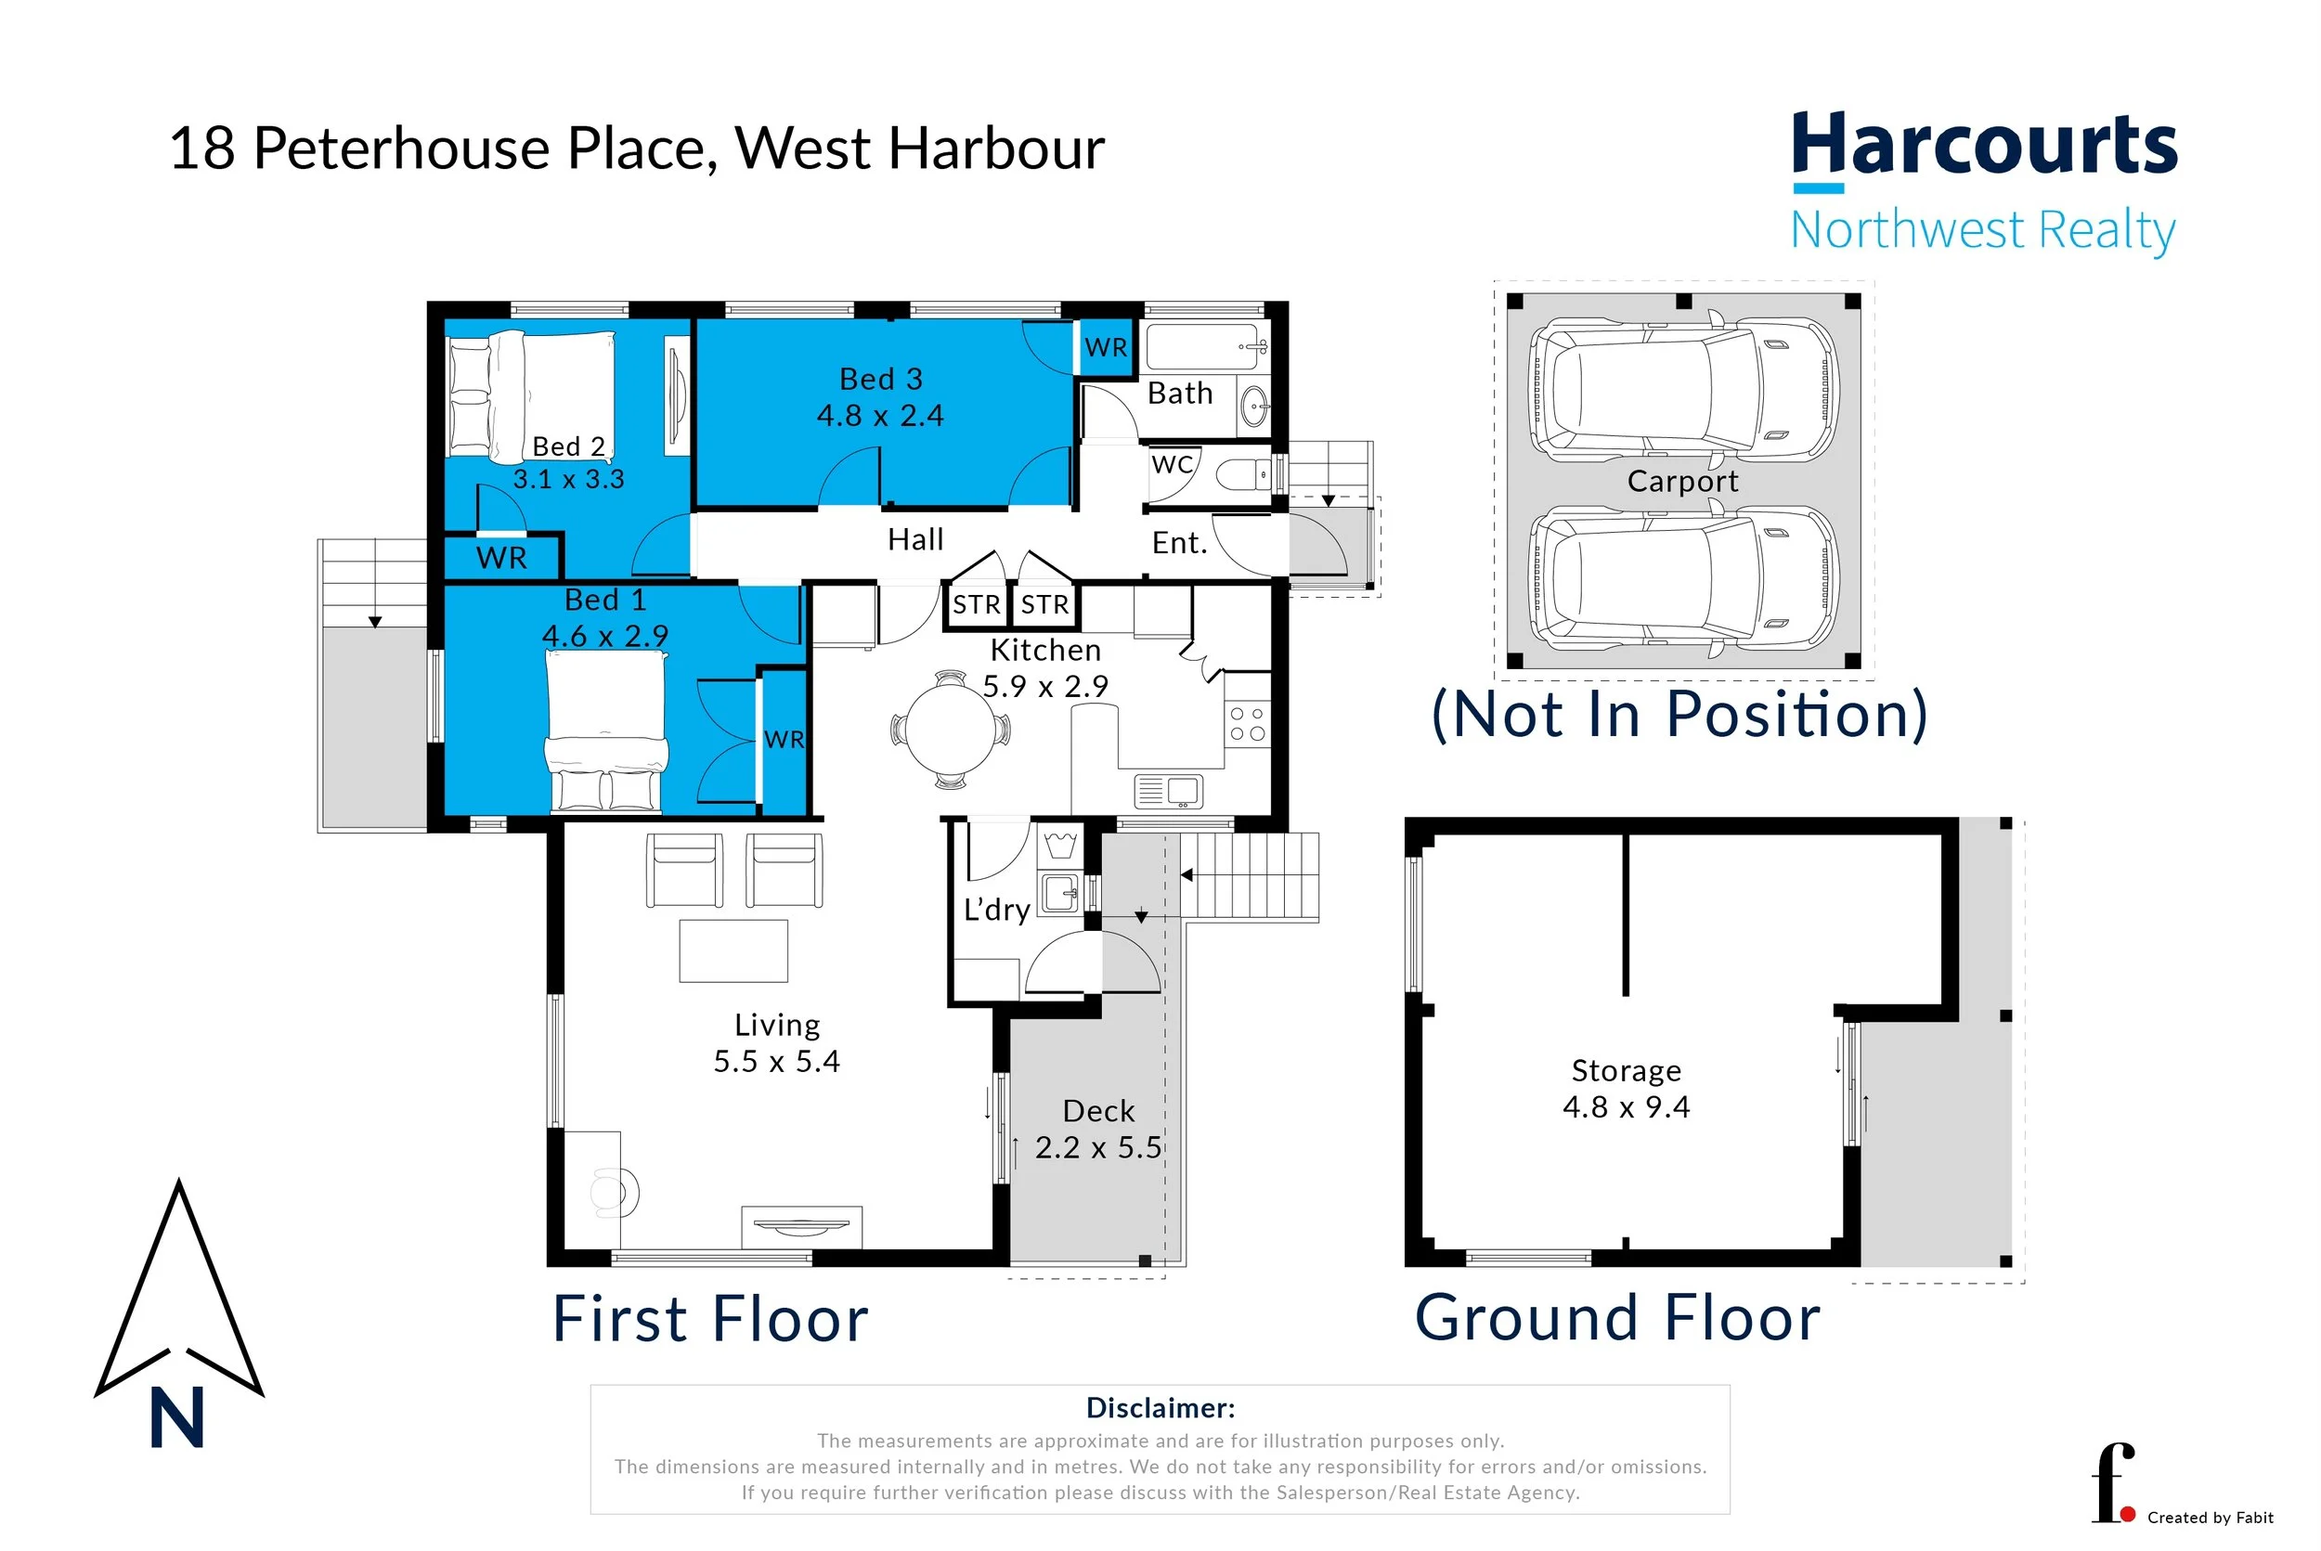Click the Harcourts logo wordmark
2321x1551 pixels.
[x=1983, y=147]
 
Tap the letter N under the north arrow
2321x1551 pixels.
[x=177, y=1416]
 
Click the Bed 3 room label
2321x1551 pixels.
[x=880, y=379]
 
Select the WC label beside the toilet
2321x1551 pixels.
[x=1173, y=464]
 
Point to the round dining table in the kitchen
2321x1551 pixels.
[x=951, y=730]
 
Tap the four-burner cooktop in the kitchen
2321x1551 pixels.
[x=1247, y=723]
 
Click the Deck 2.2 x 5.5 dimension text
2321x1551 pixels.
[x=1098, y=1147]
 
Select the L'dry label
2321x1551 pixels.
[x=996, y=909]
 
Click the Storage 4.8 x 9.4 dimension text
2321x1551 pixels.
[x=1626, y=1107]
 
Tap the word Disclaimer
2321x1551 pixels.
[x=1160, y=1407]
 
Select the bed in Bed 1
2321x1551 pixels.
[x=605, y=732]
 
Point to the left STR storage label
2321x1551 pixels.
[x=976, y=604]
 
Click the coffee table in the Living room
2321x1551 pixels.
[x=733, y=950]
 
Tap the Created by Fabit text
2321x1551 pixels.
[x=2210, y=1518]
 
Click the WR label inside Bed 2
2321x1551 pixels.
[x=500, y=558]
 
